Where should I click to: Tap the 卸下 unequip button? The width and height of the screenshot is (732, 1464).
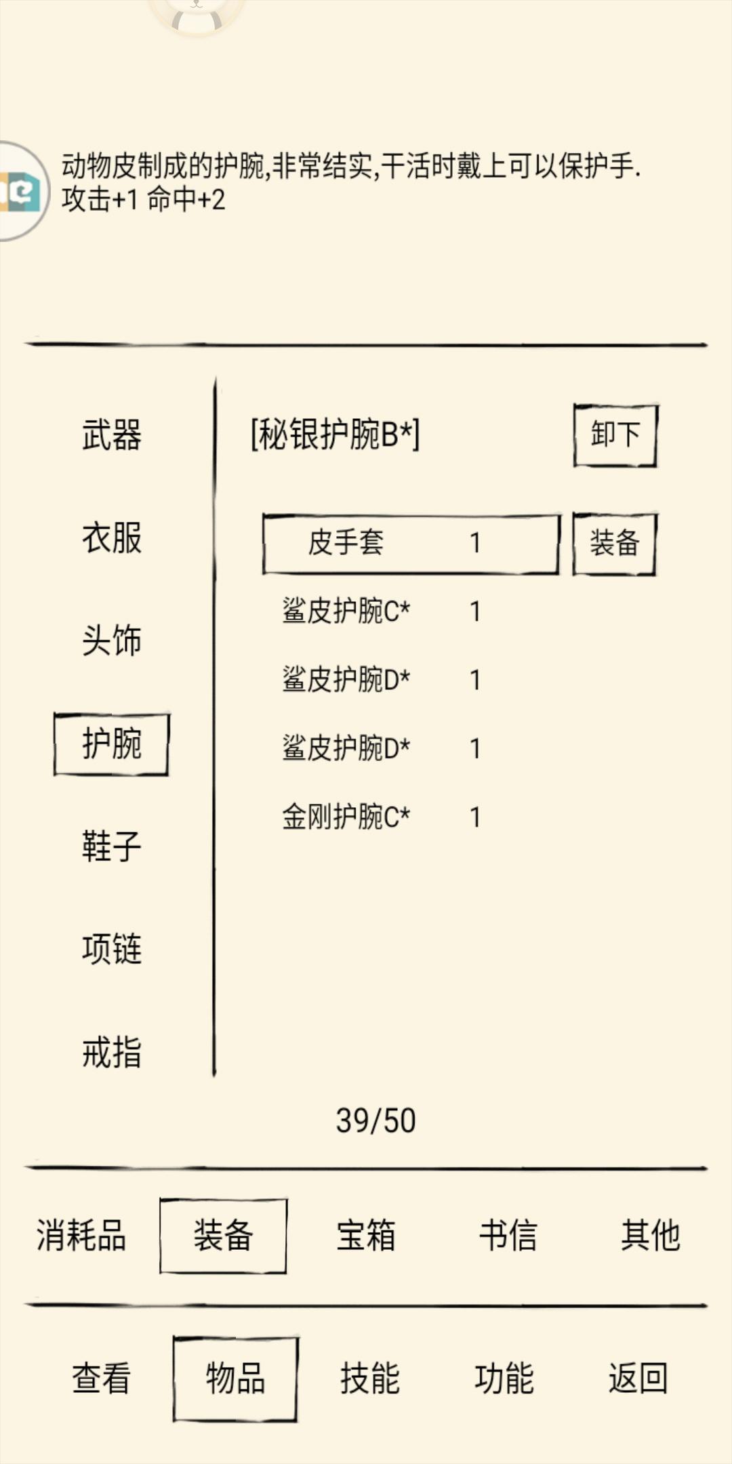coord(615,435)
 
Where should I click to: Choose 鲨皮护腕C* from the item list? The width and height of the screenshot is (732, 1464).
coord(346,611)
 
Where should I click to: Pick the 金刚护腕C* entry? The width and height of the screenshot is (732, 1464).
coord(346,817)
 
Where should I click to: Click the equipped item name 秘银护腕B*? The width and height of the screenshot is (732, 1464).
coord(335,434)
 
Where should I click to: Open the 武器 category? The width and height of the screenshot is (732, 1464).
coord(112,435)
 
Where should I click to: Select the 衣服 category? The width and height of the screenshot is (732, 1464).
coord(112,538)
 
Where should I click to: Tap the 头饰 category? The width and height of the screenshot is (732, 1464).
coord(112,640)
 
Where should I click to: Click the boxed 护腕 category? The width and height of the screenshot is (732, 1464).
coord(112,744)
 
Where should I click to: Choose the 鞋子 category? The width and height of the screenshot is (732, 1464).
coord(112,847)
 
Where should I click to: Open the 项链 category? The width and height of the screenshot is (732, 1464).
coord(112,949)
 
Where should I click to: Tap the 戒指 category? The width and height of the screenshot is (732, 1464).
coord(112,1053)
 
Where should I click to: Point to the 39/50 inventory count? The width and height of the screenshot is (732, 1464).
coord(375,1121)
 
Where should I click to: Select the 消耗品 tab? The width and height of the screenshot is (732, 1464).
coord(81,1235)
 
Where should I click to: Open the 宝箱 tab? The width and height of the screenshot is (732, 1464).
coord(366,1235)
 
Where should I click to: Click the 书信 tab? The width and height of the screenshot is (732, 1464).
coord(508,1235)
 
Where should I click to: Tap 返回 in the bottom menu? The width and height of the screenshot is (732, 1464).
coord(638,1378)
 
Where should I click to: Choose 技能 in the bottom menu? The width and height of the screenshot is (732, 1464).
coord(370,1378)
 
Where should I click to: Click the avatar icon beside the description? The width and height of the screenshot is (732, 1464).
coord(22,191)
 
